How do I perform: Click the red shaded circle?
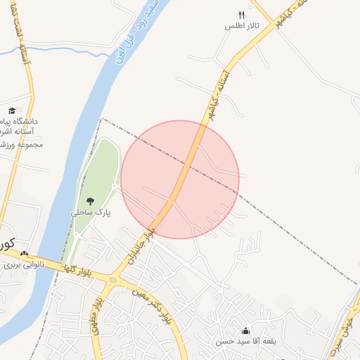pos(180,179)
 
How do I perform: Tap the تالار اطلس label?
pos(242,26)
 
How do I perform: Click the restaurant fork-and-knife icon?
pos(241,14)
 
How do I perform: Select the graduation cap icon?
pos(12,110)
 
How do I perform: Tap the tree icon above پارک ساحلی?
pos(89,201)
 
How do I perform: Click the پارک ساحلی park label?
pos(90,212)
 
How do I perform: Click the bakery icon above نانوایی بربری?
pos(25,254)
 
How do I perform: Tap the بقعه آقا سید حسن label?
pos(245,342)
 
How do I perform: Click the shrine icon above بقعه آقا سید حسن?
pos(245,330)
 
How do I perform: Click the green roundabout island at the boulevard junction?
pos(110,278)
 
